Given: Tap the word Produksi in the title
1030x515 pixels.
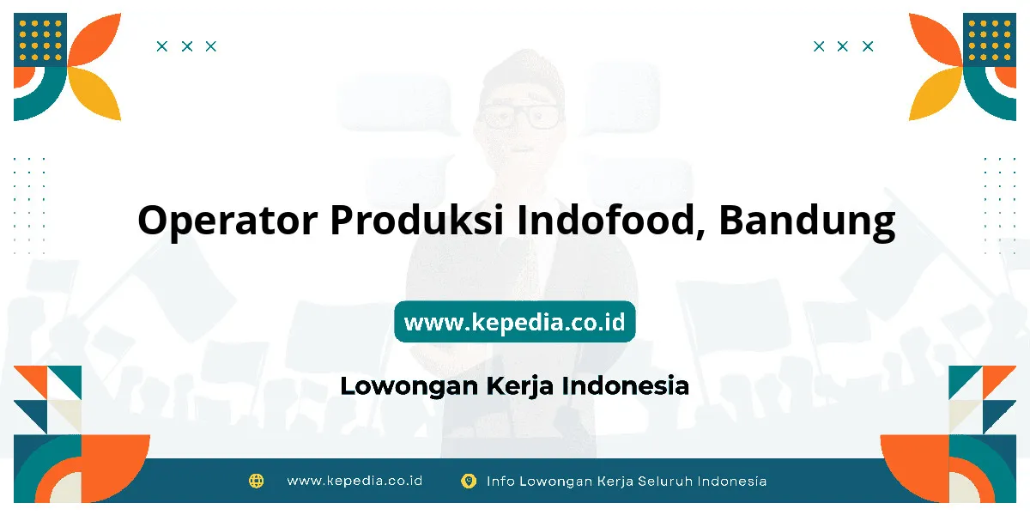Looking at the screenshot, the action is tap(417, 220).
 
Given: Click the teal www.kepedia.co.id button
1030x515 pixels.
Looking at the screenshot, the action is tap(514, 321).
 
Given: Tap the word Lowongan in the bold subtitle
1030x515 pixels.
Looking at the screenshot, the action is tap(409, 386).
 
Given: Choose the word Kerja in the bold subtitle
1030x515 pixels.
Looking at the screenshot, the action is tap(519, 386).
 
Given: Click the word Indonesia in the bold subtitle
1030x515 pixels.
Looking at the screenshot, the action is tap(626, 385).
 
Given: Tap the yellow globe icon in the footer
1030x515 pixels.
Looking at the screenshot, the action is tap(256, 481).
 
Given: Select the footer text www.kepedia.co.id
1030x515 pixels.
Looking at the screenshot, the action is tap(354, 481).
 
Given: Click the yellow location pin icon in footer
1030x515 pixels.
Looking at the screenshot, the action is tap(469, 481).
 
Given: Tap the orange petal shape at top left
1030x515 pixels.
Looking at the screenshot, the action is tap(94, 39).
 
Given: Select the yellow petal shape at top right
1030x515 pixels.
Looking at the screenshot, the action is tap(936, 94).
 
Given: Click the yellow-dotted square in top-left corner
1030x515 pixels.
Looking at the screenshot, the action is tap(40, 39).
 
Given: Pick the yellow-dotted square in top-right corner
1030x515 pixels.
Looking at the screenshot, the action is tap(990, 39).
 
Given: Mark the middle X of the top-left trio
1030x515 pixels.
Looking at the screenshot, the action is tap(187, 46).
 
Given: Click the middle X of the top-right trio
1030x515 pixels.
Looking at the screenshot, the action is tap(842, 46).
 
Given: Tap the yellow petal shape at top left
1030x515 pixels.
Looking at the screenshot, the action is tap(94, 94).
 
